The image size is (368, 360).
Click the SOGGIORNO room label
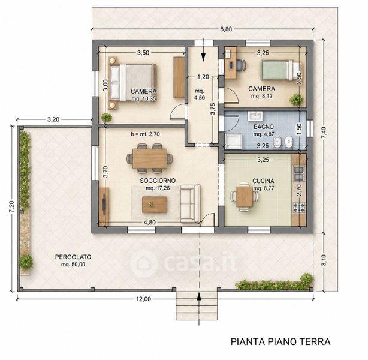[158, 181]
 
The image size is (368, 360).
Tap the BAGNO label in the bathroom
[264, 127]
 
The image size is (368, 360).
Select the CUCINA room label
[263, 181]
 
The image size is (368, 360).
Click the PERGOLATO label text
[73, 257]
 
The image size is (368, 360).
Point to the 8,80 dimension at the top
[226, 29]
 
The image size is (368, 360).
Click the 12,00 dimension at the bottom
[143, 299]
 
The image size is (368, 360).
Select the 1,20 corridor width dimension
[203, 77]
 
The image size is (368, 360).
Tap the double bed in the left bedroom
[132, 83]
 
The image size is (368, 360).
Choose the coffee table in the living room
[155, 205]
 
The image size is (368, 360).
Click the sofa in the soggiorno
[190, 203]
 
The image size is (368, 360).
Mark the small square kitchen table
[245, 196]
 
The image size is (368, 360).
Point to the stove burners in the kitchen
[299, 208]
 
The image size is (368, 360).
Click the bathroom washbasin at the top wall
[255, 116]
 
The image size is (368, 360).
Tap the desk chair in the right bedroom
[241, 65]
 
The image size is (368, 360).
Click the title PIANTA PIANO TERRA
[280, 341]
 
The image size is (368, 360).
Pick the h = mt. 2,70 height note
[145, 134]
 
